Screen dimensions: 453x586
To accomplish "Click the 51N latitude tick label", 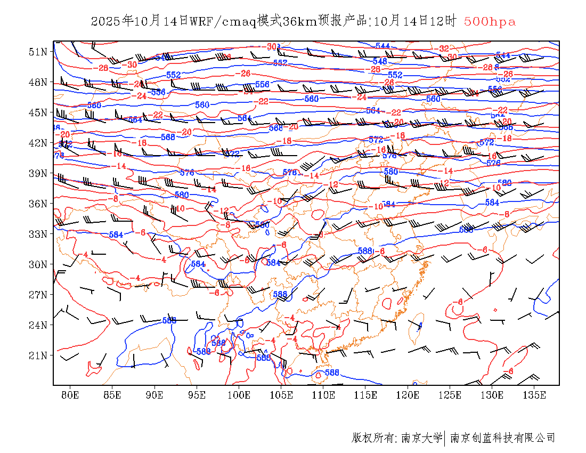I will click(38, 52).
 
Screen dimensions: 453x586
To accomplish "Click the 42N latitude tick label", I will click(38, 143).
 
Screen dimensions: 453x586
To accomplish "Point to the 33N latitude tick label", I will click(38, 234).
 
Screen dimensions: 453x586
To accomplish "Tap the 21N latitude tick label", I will click(38, 355).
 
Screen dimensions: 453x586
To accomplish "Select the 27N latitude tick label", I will click(38, 295).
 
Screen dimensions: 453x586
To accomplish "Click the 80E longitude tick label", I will click(70, 395).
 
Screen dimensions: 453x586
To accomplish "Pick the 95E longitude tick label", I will click(197, 395).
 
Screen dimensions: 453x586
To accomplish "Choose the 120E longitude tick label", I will click(408, 395).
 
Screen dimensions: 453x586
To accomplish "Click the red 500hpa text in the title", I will click(490, 22).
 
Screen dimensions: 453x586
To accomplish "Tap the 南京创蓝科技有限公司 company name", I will click(502, 438).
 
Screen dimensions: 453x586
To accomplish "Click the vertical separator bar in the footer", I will click(444, 438).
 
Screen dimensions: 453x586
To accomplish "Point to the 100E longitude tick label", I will click(239, 395).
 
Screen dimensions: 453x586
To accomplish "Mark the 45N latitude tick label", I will click(38, 112).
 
